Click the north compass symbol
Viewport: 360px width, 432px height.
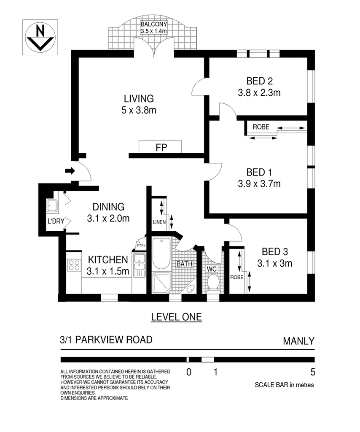[40, 37]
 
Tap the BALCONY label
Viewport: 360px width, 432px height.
[153, 24]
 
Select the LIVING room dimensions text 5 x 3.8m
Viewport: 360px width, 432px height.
[139, 110]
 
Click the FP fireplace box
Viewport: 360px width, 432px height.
[160, 147]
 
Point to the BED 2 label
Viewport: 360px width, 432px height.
[260, 81]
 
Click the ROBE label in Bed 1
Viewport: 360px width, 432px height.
[261, 127]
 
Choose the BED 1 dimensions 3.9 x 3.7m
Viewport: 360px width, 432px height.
[259, 184]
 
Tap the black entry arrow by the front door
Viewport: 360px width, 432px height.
[70, 171]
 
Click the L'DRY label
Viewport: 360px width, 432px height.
[56, 221]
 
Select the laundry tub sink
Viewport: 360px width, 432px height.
[52, 206]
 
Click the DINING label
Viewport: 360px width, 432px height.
[108, 207]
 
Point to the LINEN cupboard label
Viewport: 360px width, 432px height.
[159, 222]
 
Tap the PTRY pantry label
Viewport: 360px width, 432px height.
[141, 246]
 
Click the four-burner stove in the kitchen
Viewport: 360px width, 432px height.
[74, 265]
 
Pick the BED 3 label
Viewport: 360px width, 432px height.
[275, 251]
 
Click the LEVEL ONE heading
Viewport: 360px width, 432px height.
[177, 317]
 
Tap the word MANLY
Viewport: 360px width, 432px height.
[298, 341]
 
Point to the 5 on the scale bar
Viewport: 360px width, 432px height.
[313, 372]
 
